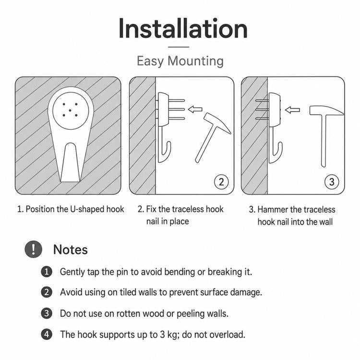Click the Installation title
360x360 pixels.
pyautogui.click(x=183, y=29)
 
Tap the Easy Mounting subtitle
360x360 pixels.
pyautogui.click(x=180, y=61)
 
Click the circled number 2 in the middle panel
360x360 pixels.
pyautogui.click(x=221, y=182)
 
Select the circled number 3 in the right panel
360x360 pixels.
pyautogui.click(x=332, y=182)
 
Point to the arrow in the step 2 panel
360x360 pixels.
pyautogui.click(x=195, y=109)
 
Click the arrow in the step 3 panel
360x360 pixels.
pyautogui.click(x=292, y=110)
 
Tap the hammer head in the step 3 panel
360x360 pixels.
pyautogui.click(x=326, y=111)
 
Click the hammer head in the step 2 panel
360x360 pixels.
pyautogui.click(x=217, y=123)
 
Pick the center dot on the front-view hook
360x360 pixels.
pyautogui.click(x=70, y=110)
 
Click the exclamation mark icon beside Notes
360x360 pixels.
pyautogui.click(x=34, y=249)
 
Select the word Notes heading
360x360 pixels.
pyautogui.click(x=70, y=250)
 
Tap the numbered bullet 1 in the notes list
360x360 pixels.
pyautogui.click(x=47, y=272)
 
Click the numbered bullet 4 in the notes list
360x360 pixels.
pyautogui.click(x=47, y=334)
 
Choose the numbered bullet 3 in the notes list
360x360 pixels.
pyautogui.click(x=47, y=313)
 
